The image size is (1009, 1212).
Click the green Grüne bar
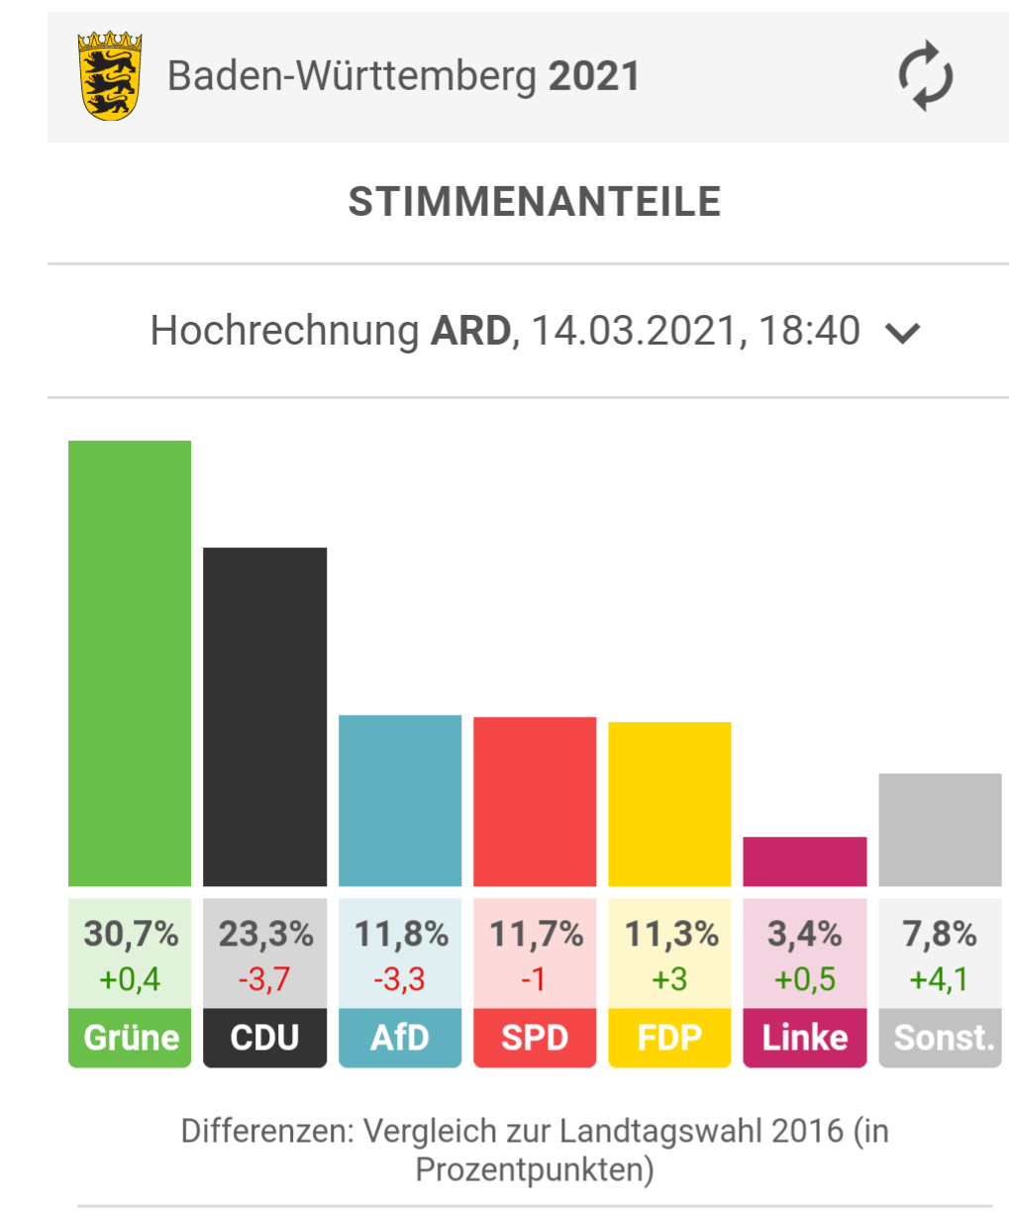point(130,663)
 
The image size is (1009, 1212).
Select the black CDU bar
point(264,717)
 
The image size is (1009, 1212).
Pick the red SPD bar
point(535,801)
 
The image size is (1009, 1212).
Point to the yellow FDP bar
point(669,804)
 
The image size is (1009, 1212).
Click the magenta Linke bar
point(805,861)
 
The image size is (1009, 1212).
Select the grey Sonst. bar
point(940,830)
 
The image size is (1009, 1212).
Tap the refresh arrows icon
point(925,76)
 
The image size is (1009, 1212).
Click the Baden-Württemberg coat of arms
point(110,76)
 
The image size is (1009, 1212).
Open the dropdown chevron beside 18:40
point(903,333)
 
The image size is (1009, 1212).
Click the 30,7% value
point(131,933)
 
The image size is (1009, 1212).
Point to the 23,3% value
point(265,933)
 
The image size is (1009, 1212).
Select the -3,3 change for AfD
point(399,979)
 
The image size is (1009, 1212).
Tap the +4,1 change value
point(939,979)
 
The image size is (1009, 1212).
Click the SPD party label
point(535,1037)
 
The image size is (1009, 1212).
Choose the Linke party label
point(805,1037)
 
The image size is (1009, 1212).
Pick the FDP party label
point(669,1037)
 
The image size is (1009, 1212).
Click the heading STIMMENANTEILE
point(535,202)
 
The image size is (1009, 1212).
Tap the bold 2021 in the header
point(594,76)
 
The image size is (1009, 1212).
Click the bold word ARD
point(470,331)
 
